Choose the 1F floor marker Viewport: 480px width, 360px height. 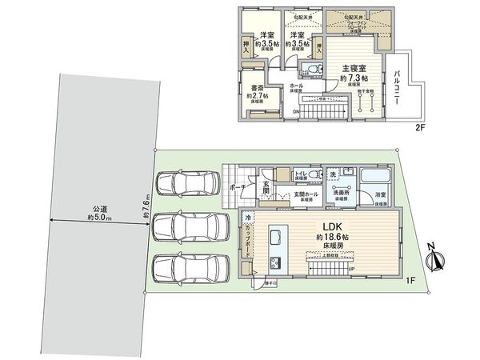[408, 279]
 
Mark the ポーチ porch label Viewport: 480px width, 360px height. [238, 186]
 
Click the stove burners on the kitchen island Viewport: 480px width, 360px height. [276, 262]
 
